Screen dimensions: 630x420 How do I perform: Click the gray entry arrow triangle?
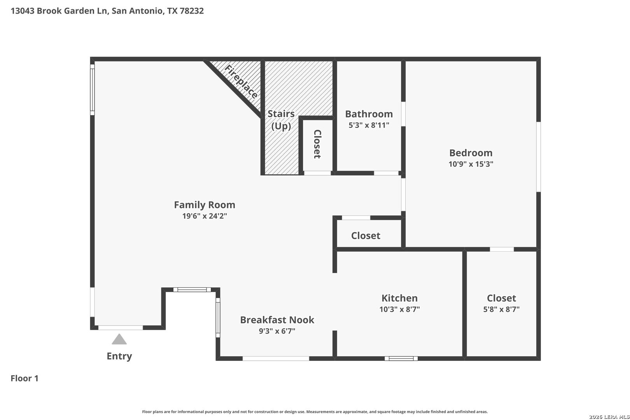119,339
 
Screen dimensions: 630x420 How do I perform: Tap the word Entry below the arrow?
119,357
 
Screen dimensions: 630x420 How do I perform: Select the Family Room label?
205,205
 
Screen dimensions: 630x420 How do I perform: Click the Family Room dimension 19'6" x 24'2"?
205,216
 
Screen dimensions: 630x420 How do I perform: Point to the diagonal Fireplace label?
241,82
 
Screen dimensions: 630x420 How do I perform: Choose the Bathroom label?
369,114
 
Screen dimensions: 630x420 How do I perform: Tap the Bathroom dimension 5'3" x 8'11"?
369,125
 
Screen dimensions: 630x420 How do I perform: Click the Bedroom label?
471,153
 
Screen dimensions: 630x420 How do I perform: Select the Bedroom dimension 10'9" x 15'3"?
471,164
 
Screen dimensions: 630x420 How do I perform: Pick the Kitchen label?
399,298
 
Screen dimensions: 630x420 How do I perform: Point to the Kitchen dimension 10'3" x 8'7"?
399,310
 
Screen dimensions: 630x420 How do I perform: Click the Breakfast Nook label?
277,320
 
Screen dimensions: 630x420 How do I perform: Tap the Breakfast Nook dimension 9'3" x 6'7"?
277,331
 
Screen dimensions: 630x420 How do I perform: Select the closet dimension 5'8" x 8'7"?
501,310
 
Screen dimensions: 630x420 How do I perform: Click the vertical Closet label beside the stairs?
317,144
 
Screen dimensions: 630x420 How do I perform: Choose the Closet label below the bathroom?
366,235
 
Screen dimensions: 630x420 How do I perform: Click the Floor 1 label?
24,378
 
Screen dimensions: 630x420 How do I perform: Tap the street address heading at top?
107,10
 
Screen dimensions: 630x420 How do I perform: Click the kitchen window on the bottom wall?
401,359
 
